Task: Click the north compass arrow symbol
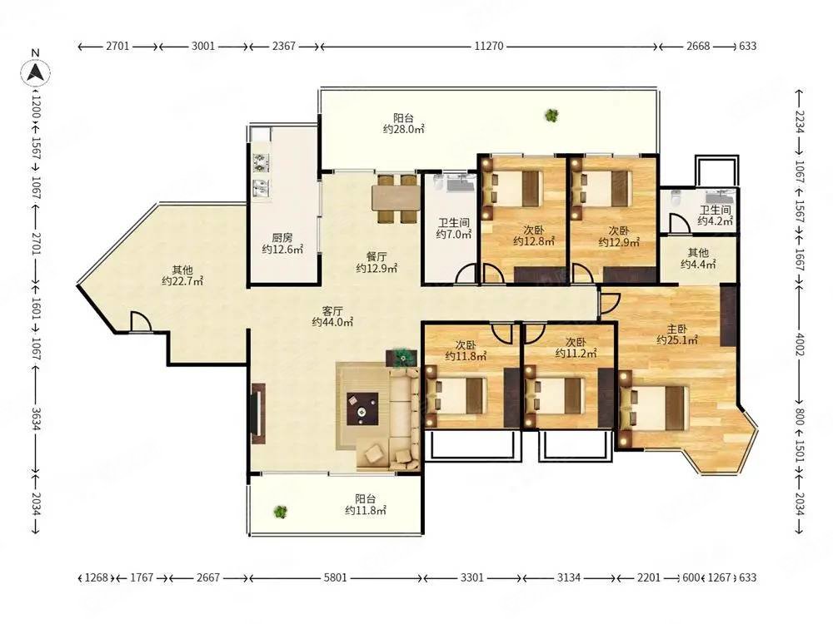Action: click(36, 72)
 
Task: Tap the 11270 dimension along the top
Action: click(489, 46)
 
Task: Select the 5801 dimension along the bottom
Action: click(335, 577)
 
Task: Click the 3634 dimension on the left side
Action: click(36, 418)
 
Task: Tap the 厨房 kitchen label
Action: click(282, 238)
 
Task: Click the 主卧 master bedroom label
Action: click(677, 329)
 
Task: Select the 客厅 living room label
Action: click(332, 311)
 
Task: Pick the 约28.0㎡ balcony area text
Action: click(404, 129)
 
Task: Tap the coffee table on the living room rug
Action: click(363, 409)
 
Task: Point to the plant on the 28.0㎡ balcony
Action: click(552, 115)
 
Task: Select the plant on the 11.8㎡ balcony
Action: click(280, 512)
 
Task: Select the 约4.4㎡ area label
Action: click(698, 264)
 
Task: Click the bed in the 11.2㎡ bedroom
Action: click(554, 397)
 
